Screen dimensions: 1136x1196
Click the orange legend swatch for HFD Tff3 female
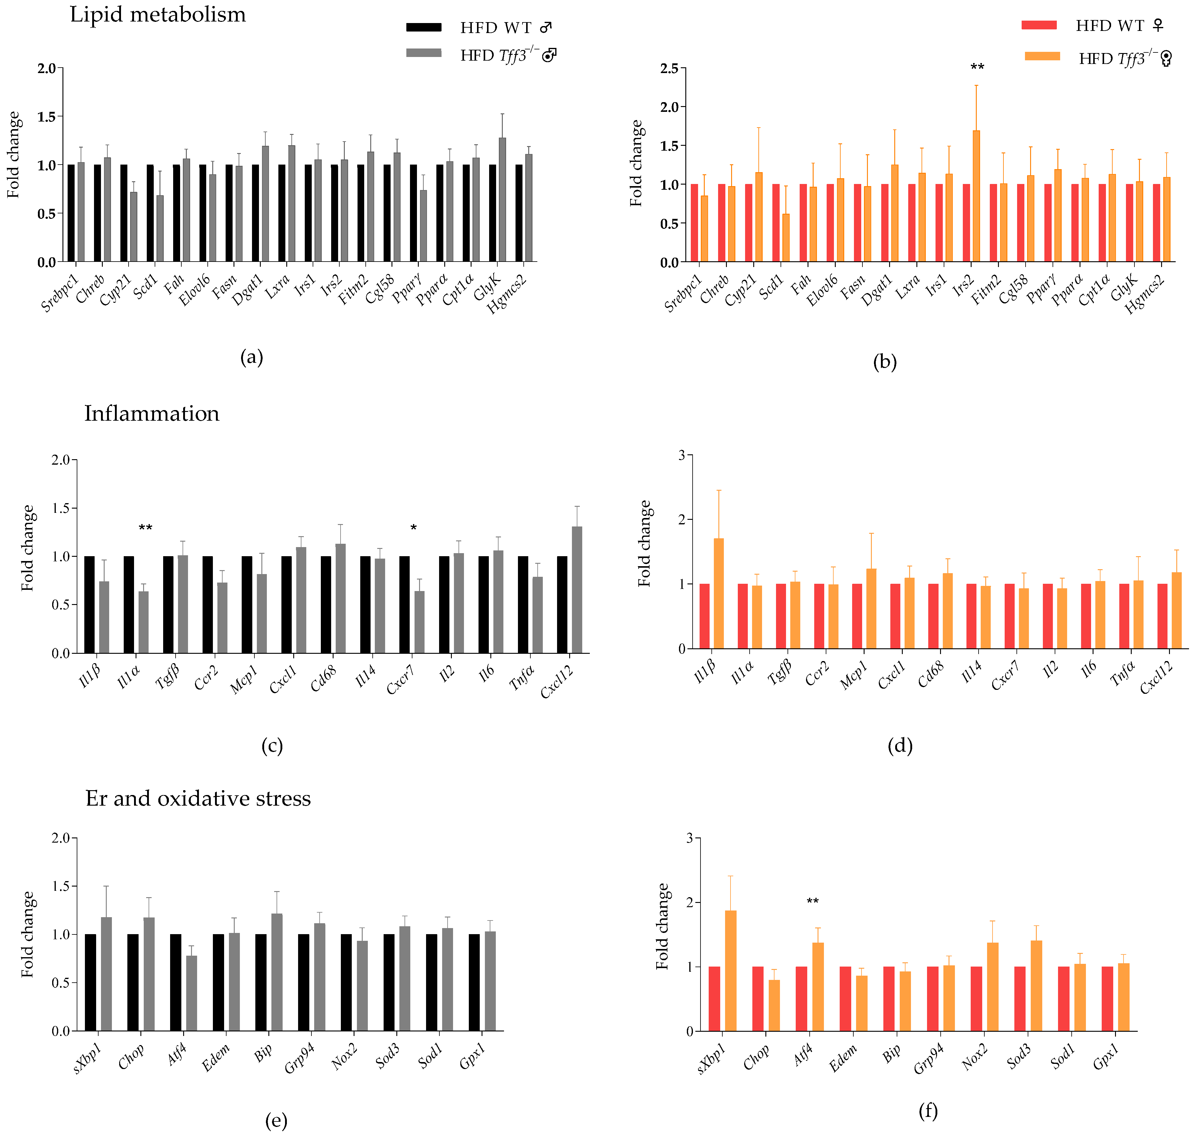[1042, 56]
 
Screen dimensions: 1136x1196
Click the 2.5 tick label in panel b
[670, 68]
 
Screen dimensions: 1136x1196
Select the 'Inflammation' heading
[151, 414]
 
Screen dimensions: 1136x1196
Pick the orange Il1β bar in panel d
[719, 593]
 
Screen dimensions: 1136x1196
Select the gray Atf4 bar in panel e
[191, 993]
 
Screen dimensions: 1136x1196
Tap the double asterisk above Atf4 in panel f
[812, 902]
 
